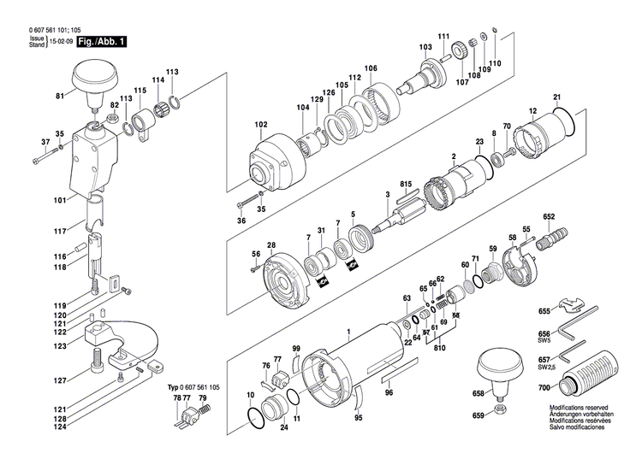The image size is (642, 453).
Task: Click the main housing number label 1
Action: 348,331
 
